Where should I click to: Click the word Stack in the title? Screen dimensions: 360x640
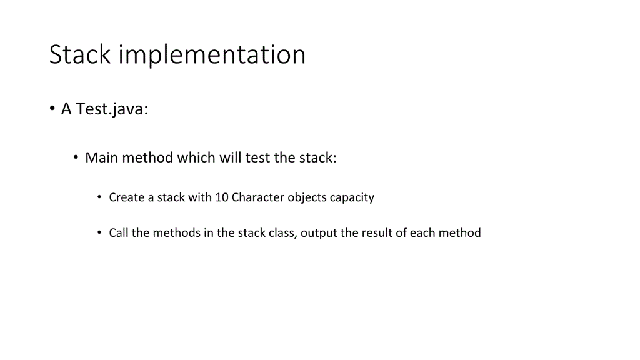click(x=80, y=54)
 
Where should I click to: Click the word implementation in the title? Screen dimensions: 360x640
click(x=212, y=56)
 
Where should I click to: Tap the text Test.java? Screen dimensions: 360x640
click(x=112, y=109)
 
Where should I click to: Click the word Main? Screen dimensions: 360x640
click(x=101, y=157)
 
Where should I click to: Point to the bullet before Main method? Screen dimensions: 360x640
click(x=76, y=157)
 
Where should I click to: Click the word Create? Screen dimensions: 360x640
click(x=127, y=197)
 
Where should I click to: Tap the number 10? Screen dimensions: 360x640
click(x=222, y=197)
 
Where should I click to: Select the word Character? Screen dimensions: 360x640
click(x=257, y=197)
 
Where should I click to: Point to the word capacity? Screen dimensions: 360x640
click(x=352, y=198)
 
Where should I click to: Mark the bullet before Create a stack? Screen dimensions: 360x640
click(x=99, y=197)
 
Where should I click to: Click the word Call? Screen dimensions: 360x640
click(x=119, y=233)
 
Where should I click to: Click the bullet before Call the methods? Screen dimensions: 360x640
click(x=99, y=232)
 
